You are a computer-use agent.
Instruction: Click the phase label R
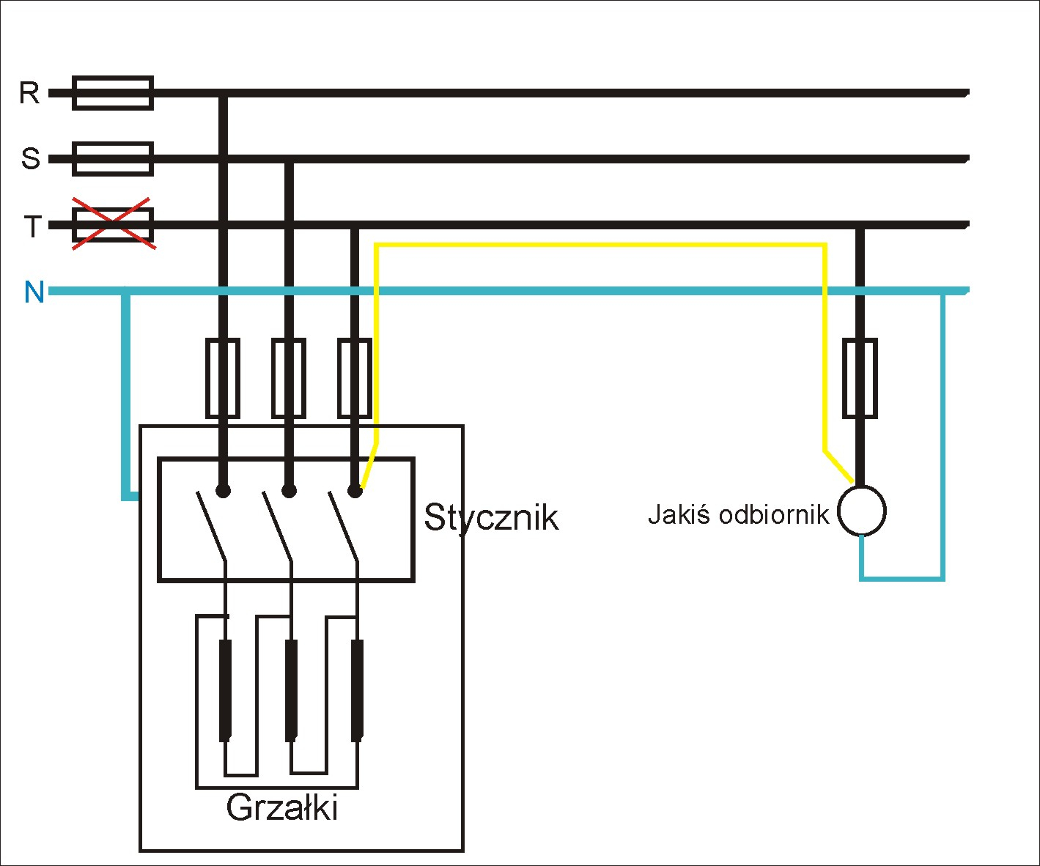point(29,92)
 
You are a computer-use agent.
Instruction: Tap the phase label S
point(30,158)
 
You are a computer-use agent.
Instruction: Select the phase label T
point(33,226)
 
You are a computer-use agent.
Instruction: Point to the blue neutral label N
point(34,292)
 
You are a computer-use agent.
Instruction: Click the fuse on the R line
point(113,92)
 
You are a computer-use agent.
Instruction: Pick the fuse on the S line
point(113,159)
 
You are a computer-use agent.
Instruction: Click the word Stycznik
point(490,519)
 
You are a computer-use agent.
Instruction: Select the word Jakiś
point(679,514)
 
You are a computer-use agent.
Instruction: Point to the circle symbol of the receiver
point(862,511)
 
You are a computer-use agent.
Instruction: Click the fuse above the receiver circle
point(860,378)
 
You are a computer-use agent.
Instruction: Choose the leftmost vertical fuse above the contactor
point(223,378)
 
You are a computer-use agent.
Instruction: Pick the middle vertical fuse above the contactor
point(289,378)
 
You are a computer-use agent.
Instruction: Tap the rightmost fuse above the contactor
point(355,378)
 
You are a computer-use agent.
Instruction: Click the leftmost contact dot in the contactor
point(223,492)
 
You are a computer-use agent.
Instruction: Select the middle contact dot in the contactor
point(289,492)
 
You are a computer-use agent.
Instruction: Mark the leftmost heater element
point(226,691)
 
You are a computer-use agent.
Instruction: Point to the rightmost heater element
point(357,691)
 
